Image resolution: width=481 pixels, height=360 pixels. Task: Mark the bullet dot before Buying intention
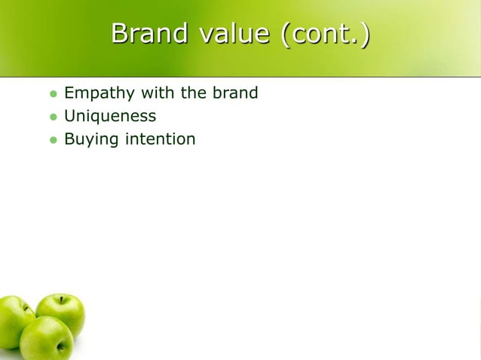click(53, 140)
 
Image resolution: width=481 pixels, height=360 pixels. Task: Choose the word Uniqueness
click(110, 117)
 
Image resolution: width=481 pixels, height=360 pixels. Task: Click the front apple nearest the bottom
click(47, 339)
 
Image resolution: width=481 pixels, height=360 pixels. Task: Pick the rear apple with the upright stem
click(62, 310)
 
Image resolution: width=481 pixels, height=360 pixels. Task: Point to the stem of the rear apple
click(62, 299)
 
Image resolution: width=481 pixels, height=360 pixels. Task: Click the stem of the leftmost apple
click(26, 307)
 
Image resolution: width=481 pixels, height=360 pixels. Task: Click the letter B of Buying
click(69, 139)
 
